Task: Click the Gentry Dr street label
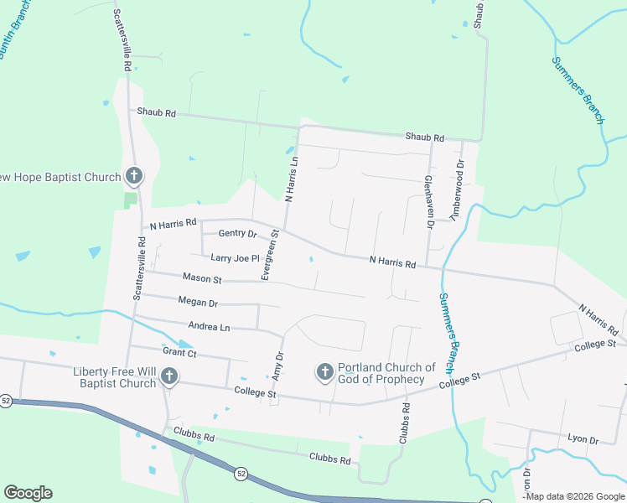(237, 233)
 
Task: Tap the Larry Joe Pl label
(235, 258)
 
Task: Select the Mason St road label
(202, 278)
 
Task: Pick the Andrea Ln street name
(209, 327)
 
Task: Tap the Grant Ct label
(179, 352)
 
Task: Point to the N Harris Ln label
(291, 179)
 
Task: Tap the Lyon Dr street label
(582, 439)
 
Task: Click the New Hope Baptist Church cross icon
(133, 176)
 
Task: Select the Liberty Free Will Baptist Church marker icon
(169, 376)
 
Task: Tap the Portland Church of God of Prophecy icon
(325, 371)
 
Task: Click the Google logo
(28, 493)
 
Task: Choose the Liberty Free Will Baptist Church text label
(115, 377)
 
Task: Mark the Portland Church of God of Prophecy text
(386, 373)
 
